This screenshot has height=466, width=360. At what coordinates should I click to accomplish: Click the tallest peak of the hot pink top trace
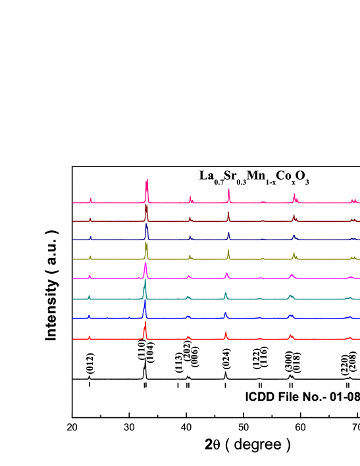147,180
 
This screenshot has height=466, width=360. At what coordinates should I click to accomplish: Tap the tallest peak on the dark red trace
146,206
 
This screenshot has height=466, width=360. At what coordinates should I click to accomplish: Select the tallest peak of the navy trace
146,225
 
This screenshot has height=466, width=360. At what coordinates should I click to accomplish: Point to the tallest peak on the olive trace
146,244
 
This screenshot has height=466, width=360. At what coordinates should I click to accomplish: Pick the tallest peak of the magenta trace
145,264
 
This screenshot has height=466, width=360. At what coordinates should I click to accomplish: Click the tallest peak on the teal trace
145,284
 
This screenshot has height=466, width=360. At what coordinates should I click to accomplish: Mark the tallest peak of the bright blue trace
145,303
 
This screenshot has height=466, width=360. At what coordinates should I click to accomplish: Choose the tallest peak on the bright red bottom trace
145,323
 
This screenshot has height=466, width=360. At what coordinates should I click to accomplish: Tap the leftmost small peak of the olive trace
90,256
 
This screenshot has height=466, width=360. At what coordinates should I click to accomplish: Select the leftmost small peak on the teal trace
89,296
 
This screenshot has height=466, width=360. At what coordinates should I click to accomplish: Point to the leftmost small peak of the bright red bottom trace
89,336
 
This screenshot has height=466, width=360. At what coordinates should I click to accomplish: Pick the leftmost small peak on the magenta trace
90,276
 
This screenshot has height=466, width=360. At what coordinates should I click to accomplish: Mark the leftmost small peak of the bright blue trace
89,316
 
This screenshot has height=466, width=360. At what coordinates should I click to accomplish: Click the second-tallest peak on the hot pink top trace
228,190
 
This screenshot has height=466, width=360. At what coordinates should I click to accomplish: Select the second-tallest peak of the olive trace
228,251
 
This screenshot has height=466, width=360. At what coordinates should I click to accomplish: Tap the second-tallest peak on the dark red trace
228,213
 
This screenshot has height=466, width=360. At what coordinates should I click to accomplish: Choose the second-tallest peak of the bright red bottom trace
226,333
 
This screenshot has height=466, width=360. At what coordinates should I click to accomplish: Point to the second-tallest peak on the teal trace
226,294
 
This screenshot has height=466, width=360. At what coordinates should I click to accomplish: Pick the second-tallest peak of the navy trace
228,233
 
